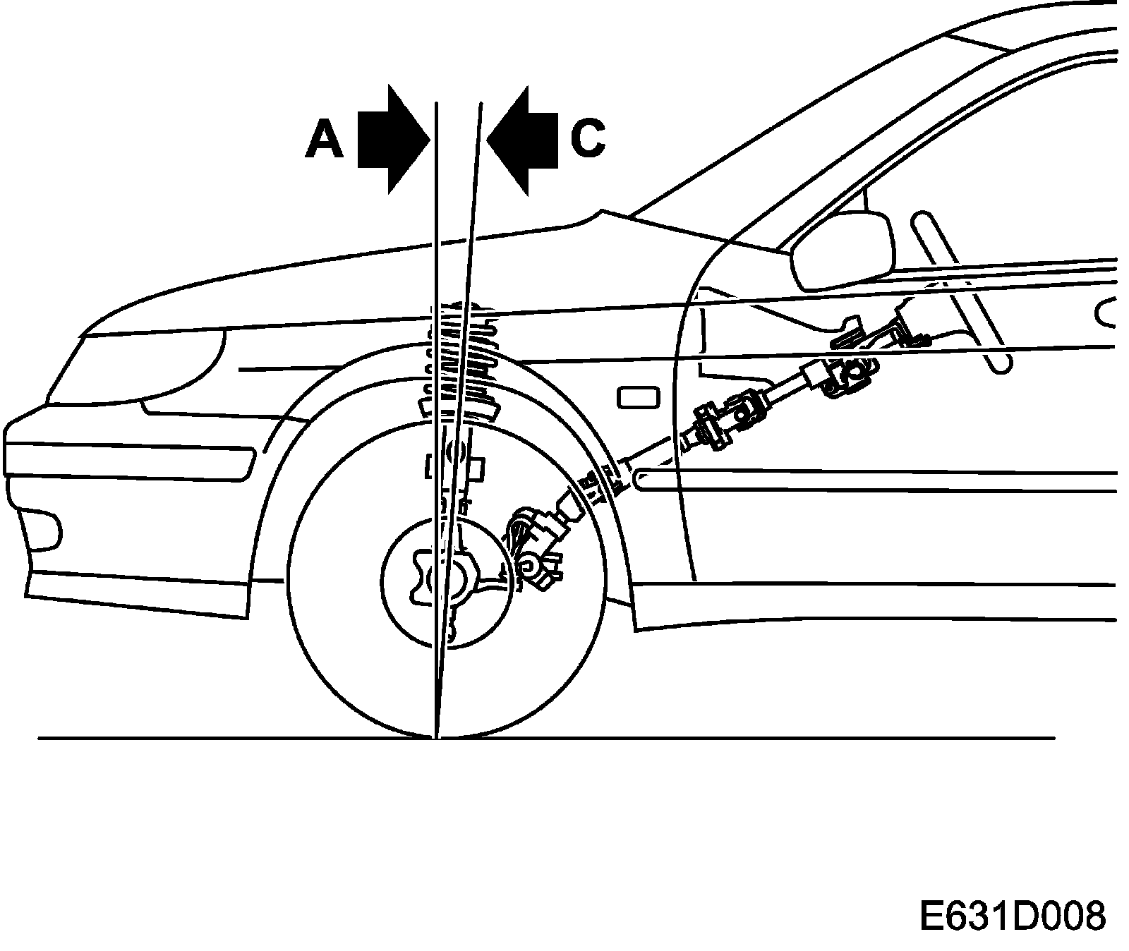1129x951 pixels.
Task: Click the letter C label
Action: pyautogui.click(x=587, y=138)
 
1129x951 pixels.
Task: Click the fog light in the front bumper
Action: pyautogui.click(x=41, y=529)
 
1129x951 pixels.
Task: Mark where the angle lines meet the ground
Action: pyautogui.click(x=436, y=737)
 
